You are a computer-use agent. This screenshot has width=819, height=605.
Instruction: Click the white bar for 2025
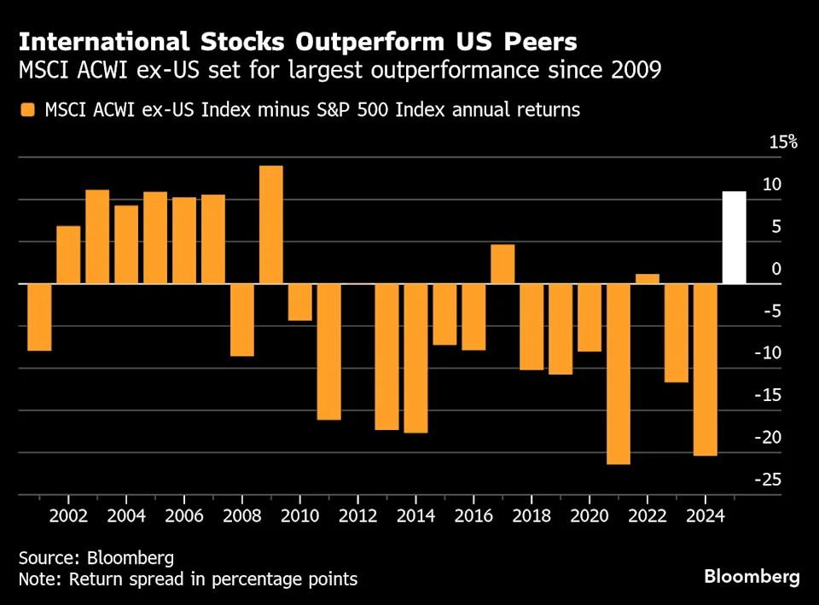734,237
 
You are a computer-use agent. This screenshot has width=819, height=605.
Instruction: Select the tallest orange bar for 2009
271,224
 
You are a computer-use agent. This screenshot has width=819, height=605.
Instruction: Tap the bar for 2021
619,374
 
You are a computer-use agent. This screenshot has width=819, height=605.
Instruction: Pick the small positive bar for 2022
648,278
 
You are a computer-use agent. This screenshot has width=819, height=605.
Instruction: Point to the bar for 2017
502,264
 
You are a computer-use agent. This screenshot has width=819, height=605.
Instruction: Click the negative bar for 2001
39,317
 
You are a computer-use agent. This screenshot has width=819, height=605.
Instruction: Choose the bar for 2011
329,352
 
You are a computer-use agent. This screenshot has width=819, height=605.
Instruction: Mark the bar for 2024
706,369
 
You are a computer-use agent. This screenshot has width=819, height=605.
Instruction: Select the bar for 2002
68,254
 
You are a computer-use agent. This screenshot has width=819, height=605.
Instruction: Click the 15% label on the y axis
782,142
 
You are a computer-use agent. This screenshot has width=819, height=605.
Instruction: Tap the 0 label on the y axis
775,269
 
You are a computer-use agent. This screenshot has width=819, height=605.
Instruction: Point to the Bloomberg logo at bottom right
752,577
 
